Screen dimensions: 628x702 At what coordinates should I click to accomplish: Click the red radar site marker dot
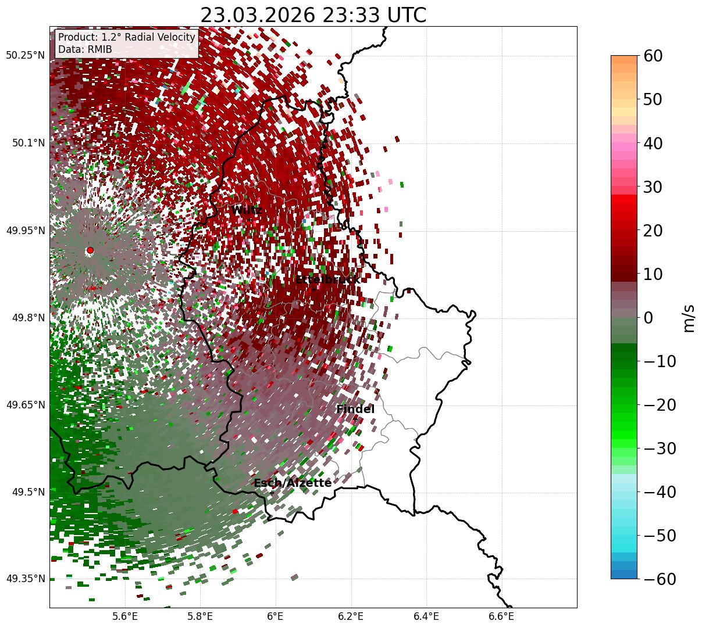click(x=90, y=250)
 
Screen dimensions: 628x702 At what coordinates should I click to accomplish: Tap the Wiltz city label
click(x=247, y=210)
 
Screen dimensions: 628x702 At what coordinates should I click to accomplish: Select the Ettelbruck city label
click(x=327, y=280)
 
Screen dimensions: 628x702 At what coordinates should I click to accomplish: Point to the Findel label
click(x=355, y=410)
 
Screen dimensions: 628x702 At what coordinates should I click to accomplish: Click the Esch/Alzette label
click(x=293, y=483)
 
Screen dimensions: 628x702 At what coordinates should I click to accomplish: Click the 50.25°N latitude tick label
click(x=25, y=56)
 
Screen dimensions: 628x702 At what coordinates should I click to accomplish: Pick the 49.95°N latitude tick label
click(x=25, y=231)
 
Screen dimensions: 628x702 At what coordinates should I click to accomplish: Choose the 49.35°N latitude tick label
click(x=25, y=579)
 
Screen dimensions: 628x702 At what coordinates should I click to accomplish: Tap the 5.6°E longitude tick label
click(x=125, y=616)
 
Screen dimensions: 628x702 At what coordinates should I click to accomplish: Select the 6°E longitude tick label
click(x=275, y=616)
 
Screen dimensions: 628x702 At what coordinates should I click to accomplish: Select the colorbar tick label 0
click(x=648, y=318)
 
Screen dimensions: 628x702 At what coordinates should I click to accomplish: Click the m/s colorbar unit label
click(x=689, y=318)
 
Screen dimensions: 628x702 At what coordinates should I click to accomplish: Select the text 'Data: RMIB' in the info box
click(x=85, y=49)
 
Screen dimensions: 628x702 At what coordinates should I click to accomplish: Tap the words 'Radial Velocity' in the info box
click(x=162, y=37)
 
